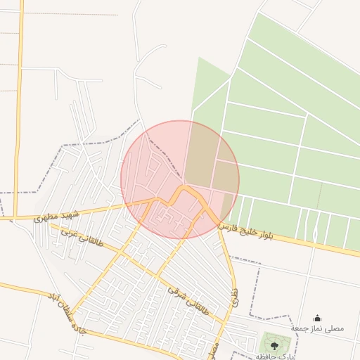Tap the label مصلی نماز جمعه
coord(318,328)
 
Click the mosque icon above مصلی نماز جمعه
coord(317,318)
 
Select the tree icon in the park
coord(274,344)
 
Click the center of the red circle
coord(180,179)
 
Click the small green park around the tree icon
coord(274,343)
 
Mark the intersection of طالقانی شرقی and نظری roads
coord(226,323)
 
